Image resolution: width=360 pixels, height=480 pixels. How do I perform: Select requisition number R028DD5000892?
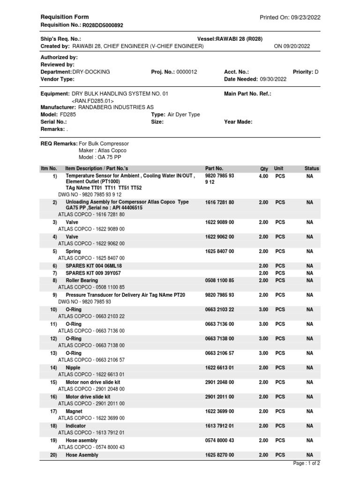point(103,25)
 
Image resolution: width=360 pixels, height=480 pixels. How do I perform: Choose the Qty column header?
point(264,168)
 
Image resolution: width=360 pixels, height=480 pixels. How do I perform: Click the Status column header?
point(311,168)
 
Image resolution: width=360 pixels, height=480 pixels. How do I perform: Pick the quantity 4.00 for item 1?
point(263,176)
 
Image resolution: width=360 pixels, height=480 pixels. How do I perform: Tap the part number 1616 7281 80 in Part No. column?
point(219,202)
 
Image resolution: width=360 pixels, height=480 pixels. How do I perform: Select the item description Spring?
point(73,251)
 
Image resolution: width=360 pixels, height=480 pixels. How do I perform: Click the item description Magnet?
point(74,411)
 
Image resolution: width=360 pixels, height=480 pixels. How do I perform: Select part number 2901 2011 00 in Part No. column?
point(219,397)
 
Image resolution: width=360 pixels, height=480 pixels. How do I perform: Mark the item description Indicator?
point(76,426)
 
